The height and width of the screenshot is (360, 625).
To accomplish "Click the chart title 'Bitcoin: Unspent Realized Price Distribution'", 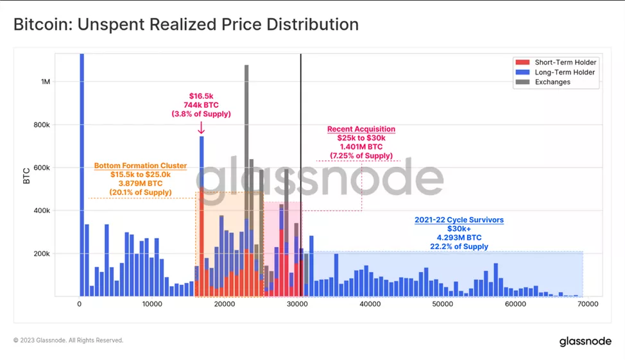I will (x=186, y=25).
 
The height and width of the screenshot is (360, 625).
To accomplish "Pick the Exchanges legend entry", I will (x=552, y=82).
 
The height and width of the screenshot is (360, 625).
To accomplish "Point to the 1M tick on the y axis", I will (x=46, y=82).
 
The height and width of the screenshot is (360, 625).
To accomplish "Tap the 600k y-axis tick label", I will (x=42, y=168).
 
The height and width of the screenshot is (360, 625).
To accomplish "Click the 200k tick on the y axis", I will (x=42, y=253).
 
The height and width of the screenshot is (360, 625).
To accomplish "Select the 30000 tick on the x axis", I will (x=297, y=305).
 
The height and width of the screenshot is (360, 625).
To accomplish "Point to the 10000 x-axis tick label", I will (x=152, y=305).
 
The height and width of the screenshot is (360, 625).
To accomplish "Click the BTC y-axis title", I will (x=27, y=175).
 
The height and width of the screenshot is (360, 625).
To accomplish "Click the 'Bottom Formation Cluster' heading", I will (x=141, y=166).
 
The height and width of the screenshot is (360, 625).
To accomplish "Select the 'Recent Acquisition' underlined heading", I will (x=361, y=129).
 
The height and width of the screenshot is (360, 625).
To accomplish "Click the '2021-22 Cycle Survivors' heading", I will (x=459, y=220).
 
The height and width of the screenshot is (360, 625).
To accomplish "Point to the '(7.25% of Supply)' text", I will (x=361, y=156).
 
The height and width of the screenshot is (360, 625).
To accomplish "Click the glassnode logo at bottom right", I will (x=585, y=341).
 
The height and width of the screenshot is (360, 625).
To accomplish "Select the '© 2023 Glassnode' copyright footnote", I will (x=68, y=341).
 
